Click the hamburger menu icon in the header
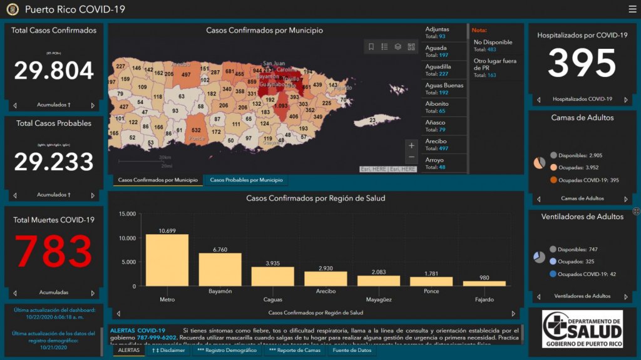[632, 9]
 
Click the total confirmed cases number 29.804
[54, 71]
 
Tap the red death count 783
[54, 251]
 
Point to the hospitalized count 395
[582, 63]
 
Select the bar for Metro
[167, 260]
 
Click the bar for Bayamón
[220, 269]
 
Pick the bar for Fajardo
[484, 283]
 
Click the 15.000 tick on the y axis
[126, 214]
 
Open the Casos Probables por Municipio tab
[246, 180]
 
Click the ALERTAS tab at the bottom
[129, 351]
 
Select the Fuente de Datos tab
[352, 351]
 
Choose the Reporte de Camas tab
[295, 351]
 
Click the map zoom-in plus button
[411, 146]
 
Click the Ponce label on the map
[197, 138]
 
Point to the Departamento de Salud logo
[582, 329]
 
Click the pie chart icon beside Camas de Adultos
[539, 163]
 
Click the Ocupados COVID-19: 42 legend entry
[582, 274]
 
